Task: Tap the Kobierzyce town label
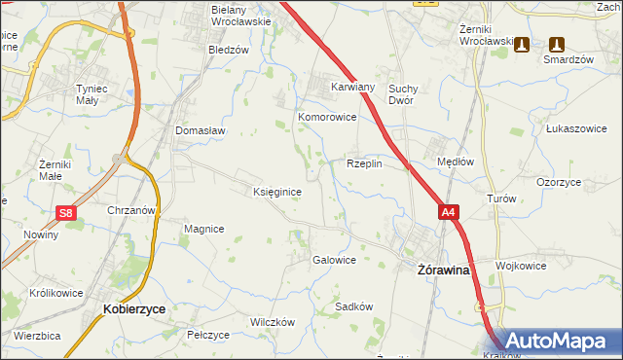click(133, 307)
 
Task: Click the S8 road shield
click(65, 213)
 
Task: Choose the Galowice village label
click(333, 260)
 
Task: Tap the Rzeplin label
click(364, 163)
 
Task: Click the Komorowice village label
click(327, 117)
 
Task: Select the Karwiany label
click(352, 86)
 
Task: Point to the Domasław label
click(201, 130)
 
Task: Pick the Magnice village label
click(204, 229)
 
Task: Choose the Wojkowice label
click(518, 265)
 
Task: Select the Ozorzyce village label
click(559, 182)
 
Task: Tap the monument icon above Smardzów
click(556, 45)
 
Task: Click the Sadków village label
click(354, 306)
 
